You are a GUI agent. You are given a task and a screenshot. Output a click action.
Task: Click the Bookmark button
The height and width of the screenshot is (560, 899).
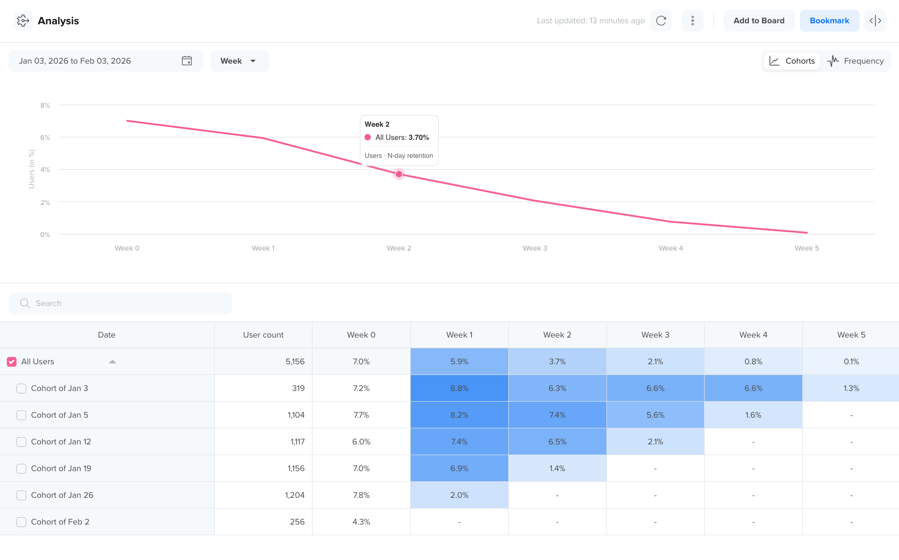coord(829,21)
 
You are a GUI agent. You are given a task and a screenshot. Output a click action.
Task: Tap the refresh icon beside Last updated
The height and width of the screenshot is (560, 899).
coord(661,21)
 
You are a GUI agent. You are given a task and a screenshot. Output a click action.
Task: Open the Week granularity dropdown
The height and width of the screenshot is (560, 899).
coord(239,61)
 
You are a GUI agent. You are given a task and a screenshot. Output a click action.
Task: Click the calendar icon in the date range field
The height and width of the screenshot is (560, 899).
coord(187,61)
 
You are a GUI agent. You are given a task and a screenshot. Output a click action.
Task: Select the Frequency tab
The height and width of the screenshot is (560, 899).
coord(856,61)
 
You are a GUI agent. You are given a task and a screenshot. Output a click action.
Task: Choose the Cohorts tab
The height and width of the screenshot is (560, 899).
coord(792,61)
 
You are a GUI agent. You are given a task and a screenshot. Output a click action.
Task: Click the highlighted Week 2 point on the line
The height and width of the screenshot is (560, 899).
coord(399,174)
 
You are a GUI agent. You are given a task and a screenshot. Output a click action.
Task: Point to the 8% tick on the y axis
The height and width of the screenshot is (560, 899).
coord(45,105)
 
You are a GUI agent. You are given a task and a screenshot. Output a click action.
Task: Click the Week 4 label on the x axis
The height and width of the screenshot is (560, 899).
coord(671,248)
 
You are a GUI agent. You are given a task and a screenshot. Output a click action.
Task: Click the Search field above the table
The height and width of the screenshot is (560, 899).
coord(121,304)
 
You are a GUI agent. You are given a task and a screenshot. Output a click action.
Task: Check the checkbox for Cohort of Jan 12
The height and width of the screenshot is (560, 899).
coord(21,442)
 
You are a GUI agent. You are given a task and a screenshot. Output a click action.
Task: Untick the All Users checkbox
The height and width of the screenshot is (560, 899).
coord(12,362)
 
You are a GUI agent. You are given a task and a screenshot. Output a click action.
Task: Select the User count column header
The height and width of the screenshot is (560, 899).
coord(263,335)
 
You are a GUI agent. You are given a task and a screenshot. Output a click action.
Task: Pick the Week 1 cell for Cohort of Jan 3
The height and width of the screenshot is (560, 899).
coord(459,389)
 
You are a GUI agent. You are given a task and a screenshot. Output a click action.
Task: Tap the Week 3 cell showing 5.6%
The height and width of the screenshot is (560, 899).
coord(655,415)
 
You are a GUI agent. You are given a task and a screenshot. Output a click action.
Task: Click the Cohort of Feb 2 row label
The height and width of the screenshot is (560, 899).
coord(60,522)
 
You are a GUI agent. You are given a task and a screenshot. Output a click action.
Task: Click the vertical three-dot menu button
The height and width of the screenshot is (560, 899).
coord(692,21)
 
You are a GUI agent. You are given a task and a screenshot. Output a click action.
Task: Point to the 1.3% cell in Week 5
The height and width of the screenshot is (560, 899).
coord(851,389)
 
